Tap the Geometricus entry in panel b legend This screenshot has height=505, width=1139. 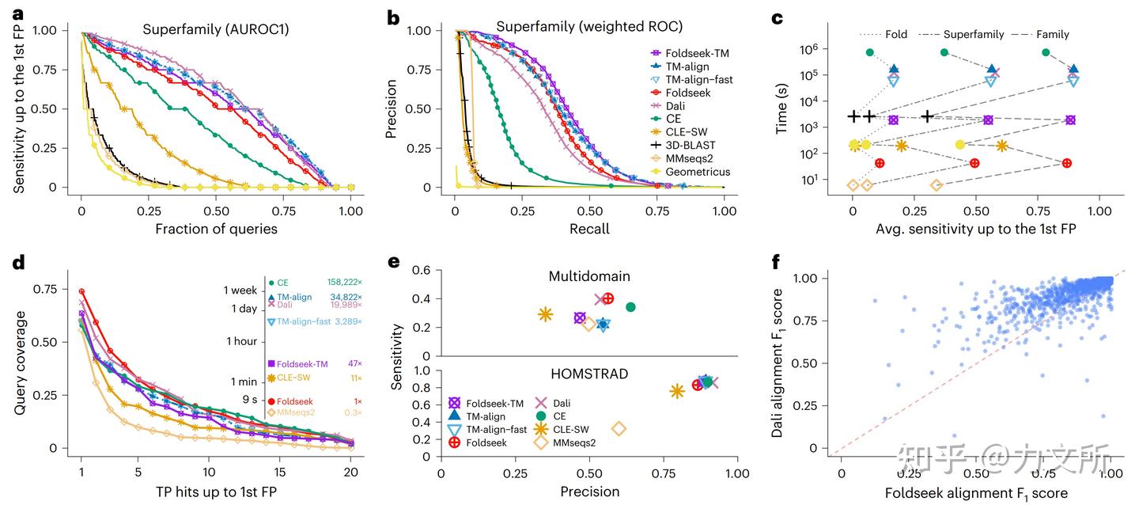(x=696, y=172)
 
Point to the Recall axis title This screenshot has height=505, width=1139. (x=589, y=229)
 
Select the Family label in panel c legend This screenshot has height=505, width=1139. (x=1053, y=34)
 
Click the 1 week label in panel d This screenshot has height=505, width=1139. (x=240, y=290)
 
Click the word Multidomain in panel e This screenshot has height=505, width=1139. (x=588, y=277)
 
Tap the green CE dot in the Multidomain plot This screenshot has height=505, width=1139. (x=630, y=307)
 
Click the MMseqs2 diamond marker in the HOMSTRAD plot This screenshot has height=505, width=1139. (x=619, y=428)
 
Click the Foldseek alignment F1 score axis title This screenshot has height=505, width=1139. (x=976, y=492)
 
